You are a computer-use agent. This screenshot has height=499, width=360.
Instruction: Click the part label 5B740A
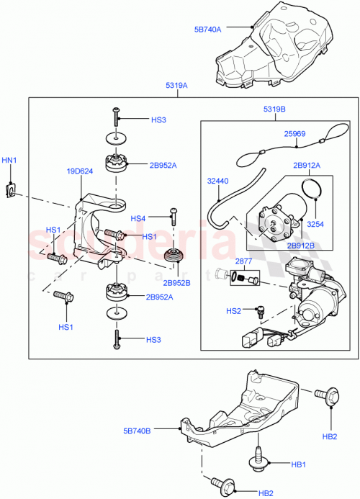click(208, 30)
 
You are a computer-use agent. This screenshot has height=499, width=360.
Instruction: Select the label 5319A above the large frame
click(176, 85)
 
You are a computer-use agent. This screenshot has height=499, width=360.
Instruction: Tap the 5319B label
click(275, 110)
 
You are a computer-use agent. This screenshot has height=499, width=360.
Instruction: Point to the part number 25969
click(295, 134)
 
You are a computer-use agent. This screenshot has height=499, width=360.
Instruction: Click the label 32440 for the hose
click(219, 181)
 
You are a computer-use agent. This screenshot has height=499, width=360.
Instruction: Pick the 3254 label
click(315, 225)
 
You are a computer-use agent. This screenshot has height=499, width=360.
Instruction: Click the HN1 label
click(11, 159)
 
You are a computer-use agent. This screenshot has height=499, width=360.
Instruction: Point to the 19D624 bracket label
click(79, 172)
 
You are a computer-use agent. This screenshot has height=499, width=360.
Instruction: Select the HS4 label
click(138, 218)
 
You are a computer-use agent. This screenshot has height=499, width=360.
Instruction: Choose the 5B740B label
click(137, 431)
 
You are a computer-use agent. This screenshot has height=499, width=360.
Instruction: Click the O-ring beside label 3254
click(310, 190)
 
